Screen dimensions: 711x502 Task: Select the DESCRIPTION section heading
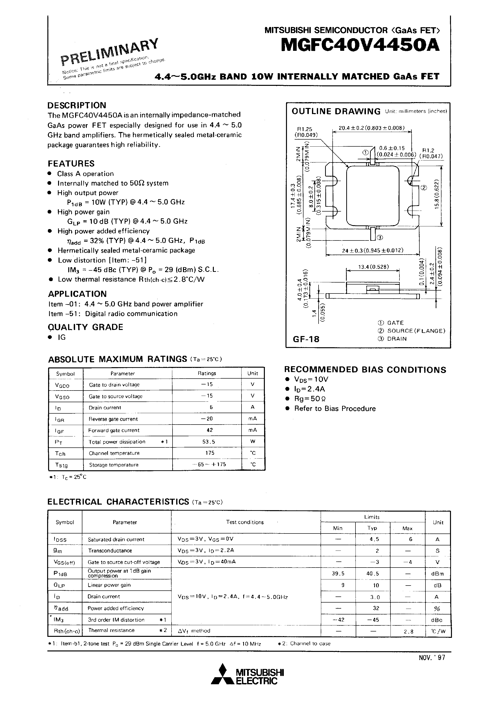coord(77,105)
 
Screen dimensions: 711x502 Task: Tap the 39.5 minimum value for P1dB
coord(338,574)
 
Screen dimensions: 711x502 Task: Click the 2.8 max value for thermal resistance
coord(408,632)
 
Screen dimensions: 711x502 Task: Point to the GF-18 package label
coord(306,339)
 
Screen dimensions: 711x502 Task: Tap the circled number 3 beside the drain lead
coord(380,238)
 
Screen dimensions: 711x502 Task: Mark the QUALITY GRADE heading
coord(86,327)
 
